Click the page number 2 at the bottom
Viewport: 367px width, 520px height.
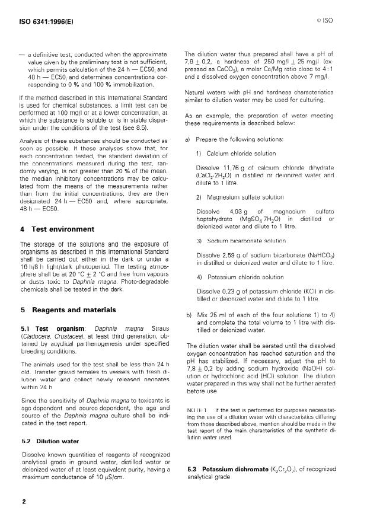point(24,501)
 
